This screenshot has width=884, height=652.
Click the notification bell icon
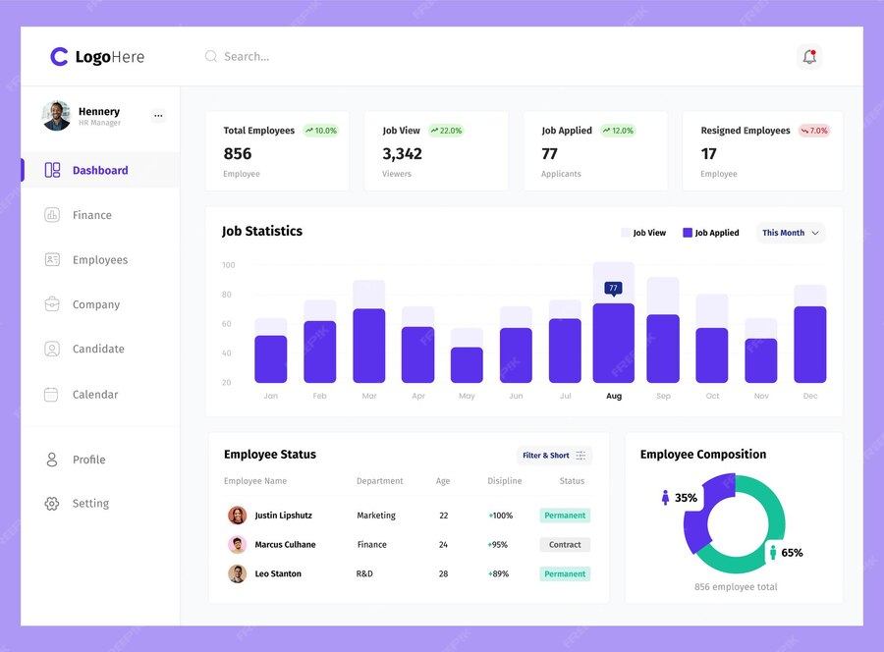tap(809, 57)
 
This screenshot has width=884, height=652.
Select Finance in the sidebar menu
tap(91, 215)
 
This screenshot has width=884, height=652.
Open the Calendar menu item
tap(94, 395)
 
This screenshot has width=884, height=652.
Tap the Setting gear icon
tap(52, 504)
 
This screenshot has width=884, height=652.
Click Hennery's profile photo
tap(56, 116)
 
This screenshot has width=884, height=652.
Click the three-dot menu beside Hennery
tap(158, 116)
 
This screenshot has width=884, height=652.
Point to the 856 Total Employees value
tap(238, 154)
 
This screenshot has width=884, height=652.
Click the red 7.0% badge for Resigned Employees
tap(814, 131)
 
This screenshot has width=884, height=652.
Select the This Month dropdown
tap(791, 233)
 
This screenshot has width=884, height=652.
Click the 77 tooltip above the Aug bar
tap(614, 289)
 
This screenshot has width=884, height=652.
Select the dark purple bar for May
tap(467, 364)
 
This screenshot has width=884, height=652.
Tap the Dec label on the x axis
tap(810, 396)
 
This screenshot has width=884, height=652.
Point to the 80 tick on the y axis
tap(227, 295)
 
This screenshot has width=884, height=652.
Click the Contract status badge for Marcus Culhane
tap(565, 545)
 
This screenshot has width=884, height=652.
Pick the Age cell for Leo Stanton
tap(443, 573)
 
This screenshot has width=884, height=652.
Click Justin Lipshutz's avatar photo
tap(237, 516)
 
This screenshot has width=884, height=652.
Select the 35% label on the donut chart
tap(686, 498)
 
